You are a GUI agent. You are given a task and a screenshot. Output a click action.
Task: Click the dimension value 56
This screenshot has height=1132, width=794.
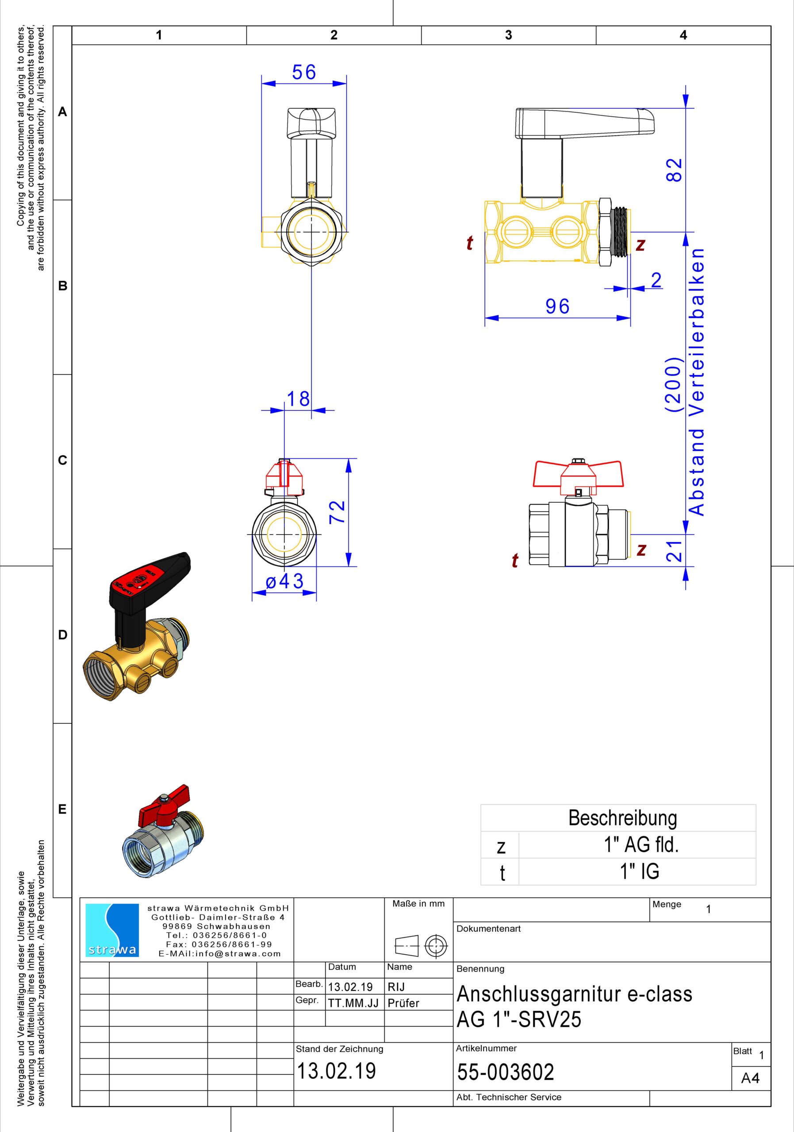[x=304, y=72]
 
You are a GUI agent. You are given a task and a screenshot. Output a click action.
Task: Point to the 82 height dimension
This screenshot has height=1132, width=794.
[x=674, y=170]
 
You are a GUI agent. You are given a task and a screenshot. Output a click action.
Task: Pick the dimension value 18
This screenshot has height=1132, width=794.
[x=299, y=398]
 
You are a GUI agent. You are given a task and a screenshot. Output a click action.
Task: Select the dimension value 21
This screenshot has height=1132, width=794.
[x=674, y=550]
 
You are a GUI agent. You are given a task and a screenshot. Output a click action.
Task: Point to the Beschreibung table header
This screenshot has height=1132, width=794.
[x=622, y=818]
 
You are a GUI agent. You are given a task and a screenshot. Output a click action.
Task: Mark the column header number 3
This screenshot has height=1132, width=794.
[x=508, y=35]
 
